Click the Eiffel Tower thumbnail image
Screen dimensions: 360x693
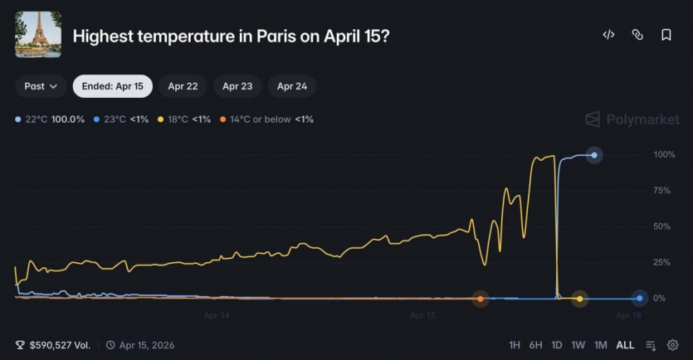pyautogui.click(x=38, y=35)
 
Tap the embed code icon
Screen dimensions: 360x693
pyautogui.click(x=608, y=35)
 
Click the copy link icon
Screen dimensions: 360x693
pyautogui.click(x=637, y=35)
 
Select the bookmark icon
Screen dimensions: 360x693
pyautogui.click(x=666, y=35)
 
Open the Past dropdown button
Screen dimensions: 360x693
pyautogui.click(x=41, y=86)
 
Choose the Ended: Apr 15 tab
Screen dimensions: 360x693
pyautogui.click(x=112, y=86)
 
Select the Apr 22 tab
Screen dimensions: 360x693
pyautogui.click(x=183, y=86)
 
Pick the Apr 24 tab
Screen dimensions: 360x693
pyautogui.click(x=291, y=86)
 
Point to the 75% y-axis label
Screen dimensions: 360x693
pyautogui.click(x=662, y=191)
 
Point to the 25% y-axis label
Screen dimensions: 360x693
pyautogui.click(x=662, y=262)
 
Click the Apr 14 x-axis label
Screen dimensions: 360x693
pyautogui.click(x=217, y=315)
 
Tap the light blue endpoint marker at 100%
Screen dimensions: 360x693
pyautogui.click(x=594, y=155)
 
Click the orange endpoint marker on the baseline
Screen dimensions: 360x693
pyautogui.click(x=481, y=299)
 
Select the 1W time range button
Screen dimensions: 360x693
pyautogui.click(x=578, y=345)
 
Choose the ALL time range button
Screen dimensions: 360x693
pyautogui.click(x=625, y=345)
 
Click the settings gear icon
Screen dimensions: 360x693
pyautogui.click(x=673, y=345)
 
